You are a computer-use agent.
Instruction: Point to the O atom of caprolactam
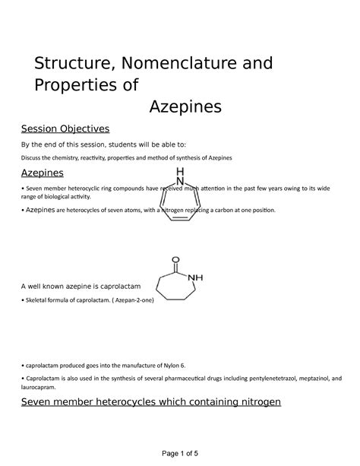[175, 257]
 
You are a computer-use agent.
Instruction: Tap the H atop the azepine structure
[180, 170]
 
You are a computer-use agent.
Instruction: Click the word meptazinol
[306, 378]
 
